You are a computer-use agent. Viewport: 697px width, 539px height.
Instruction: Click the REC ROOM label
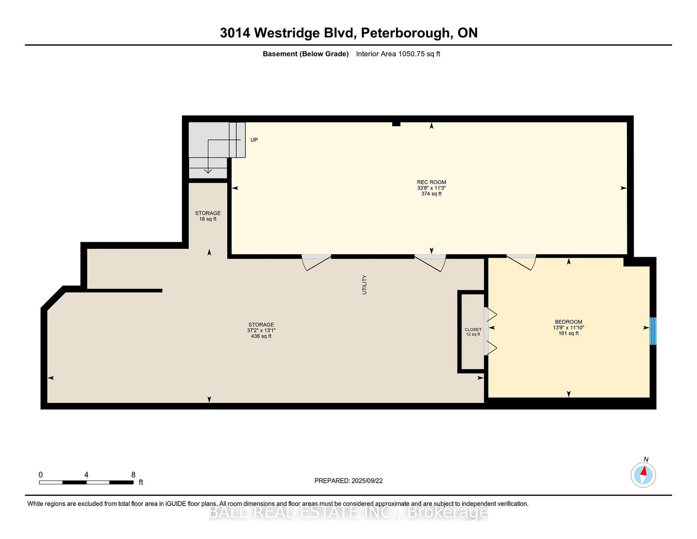(x=431, y=182)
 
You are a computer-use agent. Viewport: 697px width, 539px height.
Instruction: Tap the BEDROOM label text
(x=569, y=322)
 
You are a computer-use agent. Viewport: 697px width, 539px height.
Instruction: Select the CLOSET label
(x=473, y=330)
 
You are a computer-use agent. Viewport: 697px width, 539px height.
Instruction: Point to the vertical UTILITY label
(x=364, y=284)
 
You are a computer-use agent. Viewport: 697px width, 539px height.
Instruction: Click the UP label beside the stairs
(x=254, y=140)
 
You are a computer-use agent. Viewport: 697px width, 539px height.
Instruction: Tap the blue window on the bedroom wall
(x=653, y=331)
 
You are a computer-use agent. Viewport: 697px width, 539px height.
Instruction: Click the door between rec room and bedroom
(x=521, y=262)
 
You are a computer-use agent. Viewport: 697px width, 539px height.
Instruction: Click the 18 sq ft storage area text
(x=208, y=219)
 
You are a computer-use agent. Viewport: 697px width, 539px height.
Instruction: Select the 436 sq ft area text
(x=261, y=336)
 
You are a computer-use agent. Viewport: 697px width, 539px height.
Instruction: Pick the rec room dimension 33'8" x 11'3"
(x=432, y=188)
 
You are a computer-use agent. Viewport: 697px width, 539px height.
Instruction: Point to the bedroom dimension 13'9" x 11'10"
(x=569, y=328)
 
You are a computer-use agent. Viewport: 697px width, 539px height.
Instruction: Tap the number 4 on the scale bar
(x=86, y=475)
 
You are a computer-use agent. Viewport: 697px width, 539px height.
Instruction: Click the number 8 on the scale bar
(x=133, y=475)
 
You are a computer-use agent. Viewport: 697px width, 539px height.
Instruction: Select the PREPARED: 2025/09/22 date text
(x=348, y=481)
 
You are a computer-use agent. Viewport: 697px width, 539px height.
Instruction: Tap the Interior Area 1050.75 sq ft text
(x=398, y=54)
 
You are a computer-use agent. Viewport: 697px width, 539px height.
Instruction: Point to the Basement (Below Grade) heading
(x=306, y=54)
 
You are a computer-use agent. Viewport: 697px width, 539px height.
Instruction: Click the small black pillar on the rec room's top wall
(x=397, y=124)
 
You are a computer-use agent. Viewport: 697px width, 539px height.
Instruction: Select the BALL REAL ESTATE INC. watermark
(x=348, y=512)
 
